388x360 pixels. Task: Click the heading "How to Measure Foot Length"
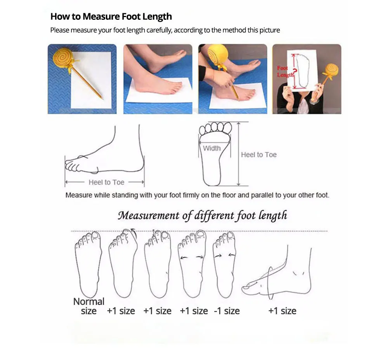pyautogui.click(x=111, y=17)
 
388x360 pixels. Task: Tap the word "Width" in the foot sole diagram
pyautogui.click(x=212, y=148)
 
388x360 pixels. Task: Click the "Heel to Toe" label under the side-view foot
pyautogui.click(x=106, y=182)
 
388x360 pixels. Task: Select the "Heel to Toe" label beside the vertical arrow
pyautogui.click(x=259, y=155)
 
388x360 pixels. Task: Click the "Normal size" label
pyautogui.click(x=88, y=306)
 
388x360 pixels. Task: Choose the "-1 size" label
pyautogui.click(x=227, y=311)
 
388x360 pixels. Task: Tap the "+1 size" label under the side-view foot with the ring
pyautogui.click(x=282, y=311)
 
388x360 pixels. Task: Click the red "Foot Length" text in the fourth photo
pyautogui.click(x=285, y=71)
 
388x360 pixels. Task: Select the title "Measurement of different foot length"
pyautogui.click(x=203, y=215)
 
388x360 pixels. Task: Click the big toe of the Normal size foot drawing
pyautogui.click(x=95, y=236)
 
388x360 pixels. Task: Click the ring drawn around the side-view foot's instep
pyautogui.click(x=270, y=283)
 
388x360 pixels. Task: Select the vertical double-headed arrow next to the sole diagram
pyautogui.click(x=239, y=154)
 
